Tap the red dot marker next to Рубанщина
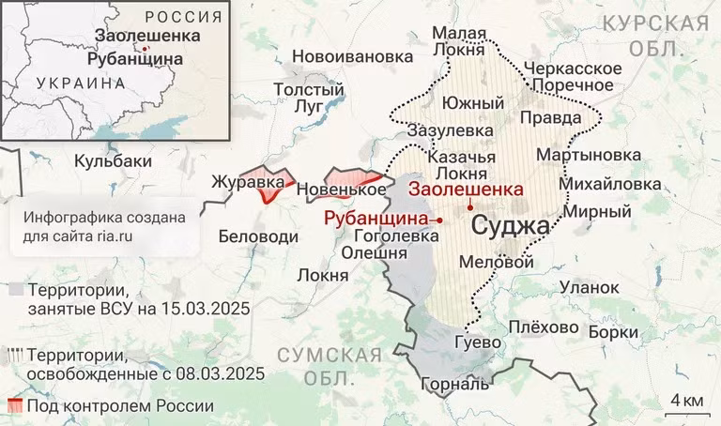(440, 218)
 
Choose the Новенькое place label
(341, 190)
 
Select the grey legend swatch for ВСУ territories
(14, 289)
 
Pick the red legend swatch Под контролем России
(14, 406)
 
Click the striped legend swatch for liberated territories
(14, 356)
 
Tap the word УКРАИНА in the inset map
(80, 83)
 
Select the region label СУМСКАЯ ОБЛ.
(330, 366)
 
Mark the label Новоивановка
(352, 56)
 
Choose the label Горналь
(455, 384)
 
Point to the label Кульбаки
(113, 160)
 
